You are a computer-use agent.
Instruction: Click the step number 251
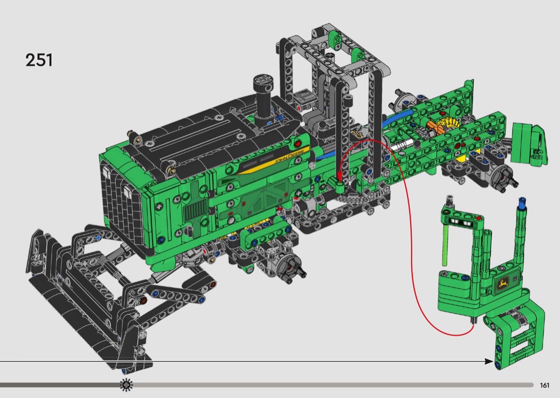[39, 60]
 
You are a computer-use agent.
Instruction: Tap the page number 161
[545, 385]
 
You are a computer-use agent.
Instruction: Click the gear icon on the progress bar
[126, 385]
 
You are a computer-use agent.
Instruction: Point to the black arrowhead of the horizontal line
[489, 361]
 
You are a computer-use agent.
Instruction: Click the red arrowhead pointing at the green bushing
[339, 176]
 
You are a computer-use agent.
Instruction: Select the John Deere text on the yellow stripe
[290, 156]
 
